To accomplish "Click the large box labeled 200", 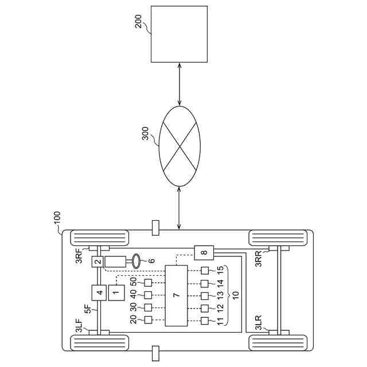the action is pos(179,34).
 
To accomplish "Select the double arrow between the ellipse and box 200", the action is pos(180,83).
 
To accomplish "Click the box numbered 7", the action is pos(177,295).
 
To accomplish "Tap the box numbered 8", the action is pos(204,252).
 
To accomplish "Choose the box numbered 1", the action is pos(116,293).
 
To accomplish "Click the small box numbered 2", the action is pos(97,262).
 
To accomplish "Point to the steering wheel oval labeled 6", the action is pos(138,260).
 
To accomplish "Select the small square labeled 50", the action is pos(147,283).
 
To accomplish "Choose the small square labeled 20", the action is pos(147,319).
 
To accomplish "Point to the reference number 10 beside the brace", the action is pos(235,295).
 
